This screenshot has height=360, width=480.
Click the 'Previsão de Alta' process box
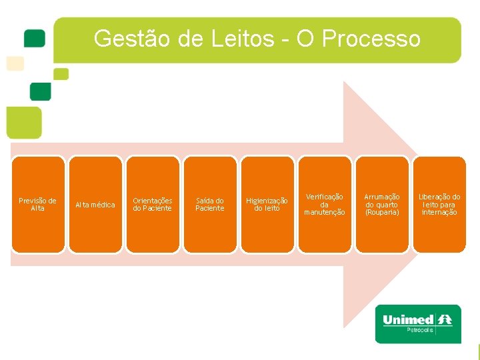click(x=38, y=204)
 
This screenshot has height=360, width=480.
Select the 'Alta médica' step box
click(x=95, y=204)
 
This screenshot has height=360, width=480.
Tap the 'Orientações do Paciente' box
click(x=153, y=204)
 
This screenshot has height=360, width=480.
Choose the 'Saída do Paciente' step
click(x=210, y=204)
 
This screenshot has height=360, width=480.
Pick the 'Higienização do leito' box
click(x=267, y=204)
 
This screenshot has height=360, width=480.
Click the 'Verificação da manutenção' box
click(x=325, y=204)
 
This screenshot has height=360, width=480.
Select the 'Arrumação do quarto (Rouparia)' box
click(x=382, y=204)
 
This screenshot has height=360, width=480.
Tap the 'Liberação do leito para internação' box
click(x=439, y=204)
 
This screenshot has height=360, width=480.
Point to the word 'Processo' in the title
click(x=371, y=39)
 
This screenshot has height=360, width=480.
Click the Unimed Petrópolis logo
click(x=418, y=323)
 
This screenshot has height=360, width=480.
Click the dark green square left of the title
click(x=34, y=38)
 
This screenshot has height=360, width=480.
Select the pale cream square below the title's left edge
click(x=15, y=63)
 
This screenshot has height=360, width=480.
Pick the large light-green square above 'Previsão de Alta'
click(x=23, y=123)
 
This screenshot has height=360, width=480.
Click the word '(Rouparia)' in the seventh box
click(x=382, y=212)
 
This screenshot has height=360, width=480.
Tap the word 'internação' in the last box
click(x=439, y=212)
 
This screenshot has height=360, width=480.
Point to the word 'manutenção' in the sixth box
click(x=325, y=212)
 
